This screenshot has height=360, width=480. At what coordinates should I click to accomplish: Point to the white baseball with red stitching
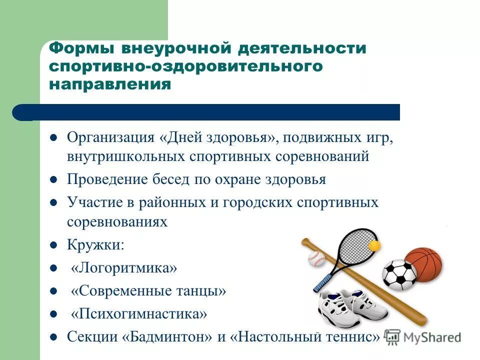point(316,258)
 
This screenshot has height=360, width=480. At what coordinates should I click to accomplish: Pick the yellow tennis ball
point(374,246)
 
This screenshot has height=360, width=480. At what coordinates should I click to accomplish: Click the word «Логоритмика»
point(124,268)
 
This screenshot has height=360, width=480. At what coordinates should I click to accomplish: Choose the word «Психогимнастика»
point(138,314)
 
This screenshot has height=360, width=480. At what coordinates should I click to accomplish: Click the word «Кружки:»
point(96,245)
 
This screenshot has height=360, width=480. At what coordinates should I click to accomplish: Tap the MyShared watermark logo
point(423,337)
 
